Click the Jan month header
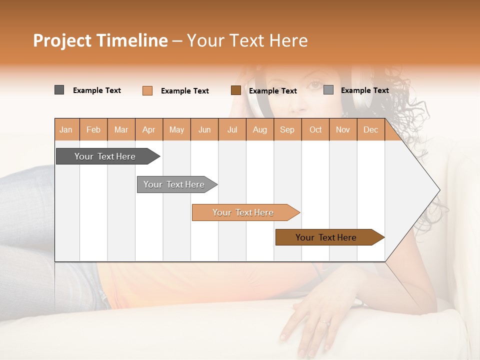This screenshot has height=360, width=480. (x=66, y=129)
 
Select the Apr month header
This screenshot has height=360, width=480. (x=148, y=129)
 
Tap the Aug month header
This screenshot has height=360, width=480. (x=259, y=129)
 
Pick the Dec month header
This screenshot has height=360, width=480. (x=370, y=129)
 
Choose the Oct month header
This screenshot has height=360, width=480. (x=315, y=129)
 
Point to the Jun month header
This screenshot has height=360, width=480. (x=204, y=129)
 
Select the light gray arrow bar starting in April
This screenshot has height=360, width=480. (x=175, y=184)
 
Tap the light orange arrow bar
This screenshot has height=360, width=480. (x=244, y=212)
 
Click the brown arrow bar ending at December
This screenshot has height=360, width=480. (x=327, y=237)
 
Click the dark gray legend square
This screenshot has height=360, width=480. (x=59, y=90)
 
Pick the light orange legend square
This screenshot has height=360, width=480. (x=147, y=90)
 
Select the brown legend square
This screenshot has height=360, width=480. (x=235, y=90)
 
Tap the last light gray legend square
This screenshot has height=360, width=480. (x=328, y=90)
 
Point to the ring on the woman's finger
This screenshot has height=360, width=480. (x=325, y=322)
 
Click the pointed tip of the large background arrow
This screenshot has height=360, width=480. (x=439, y=190)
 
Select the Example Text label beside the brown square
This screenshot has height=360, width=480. (x=272, y=91)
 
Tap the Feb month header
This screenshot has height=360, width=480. (x=93, y=129)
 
